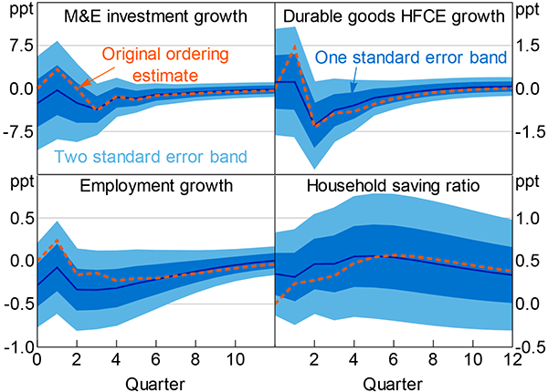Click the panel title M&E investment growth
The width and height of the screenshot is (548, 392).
click(x=154, y=17)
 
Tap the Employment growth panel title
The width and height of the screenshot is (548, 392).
click(x=155, y=187)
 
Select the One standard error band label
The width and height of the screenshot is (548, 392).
click(x=410, y=57)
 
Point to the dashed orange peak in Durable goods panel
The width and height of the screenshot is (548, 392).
click(x=294, y=46)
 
